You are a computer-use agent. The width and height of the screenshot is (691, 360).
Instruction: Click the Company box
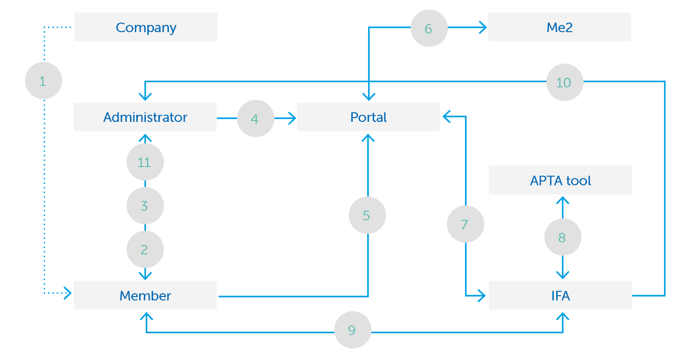click(146, 27)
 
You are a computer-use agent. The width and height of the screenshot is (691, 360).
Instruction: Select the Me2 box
click(560, 27)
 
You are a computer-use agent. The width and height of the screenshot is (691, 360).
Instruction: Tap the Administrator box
click(145, 117)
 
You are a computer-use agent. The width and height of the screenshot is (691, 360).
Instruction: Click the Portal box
click(369, 117)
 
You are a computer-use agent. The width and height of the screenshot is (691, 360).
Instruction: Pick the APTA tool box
click(560, 180)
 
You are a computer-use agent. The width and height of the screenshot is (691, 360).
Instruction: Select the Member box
click(145, 295)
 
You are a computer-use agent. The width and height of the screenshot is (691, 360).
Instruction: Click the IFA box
click(560, 295)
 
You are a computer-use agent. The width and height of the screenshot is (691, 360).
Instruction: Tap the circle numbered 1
click(44, 81)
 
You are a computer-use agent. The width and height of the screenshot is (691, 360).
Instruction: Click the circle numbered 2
click(145, 249)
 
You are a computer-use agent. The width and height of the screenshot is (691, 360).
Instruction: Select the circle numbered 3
click(145, 205)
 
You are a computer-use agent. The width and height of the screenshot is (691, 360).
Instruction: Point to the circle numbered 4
click(256, 119)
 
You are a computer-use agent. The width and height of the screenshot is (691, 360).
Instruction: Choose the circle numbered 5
click(368, 215)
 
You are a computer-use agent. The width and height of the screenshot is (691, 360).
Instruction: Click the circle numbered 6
click(429, 28)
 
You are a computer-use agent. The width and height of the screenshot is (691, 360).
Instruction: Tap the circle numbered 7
click(465, 224)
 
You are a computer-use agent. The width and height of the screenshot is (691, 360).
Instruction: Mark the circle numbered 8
click(563, 237)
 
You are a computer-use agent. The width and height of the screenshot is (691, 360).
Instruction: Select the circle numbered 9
click(353, 330)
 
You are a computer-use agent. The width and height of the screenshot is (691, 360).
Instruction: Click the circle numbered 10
click(565, 82)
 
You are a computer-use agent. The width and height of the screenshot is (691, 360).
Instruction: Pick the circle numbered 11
click(145, 162)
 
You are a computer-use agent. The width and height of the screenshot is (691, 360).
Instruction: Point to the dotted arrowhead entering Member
click(68, 293)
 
